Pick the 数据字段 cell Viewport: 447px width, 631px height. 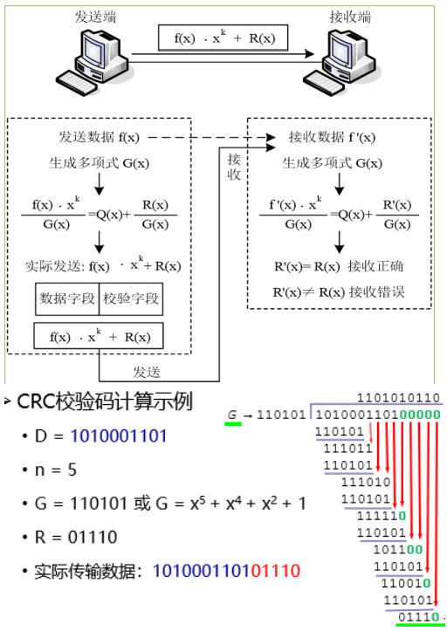[x=67, y=298]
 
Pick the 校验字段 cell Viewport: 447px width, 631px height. [x=131, y=298]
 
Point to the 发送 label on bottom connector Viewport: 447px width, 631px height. [x=146, y=371]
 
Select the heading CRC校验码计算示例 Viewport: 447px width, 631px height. [x=105, y=402]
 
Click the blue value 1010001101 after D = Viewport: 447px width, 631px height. [x=119, y=436]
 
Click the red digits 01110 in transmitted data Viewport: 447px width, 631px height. [x=274, y=571]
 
